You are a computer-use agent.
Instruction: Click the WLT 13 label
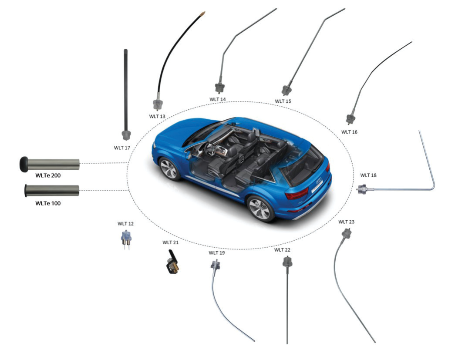[157, 116]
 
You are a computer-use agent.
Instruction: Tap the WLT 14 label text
[218, 99]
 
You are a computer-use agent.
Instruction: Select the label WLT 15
[283, 101]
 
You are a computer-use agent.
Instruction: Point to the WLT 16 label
[349, 132]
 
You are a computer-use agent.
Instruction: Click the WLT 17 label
[122, 148]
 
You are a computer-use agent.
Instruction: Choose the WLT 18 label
[368, 175]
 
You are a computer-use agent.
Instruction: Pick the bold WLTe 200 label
[48, 175]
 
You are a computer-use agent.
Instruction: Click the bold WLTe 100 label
[48, 203]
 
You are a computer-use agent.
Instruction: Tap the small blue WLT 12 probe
[126, 239]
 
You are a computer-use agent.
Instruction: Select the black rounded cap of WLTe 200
[24, 164]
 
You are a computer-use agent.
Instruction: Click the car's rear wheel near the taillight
[260, 208]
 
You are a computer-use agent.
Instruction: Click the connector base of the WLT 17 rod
[126, 135]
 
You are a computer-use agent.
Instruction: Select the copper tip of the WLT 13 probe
[203, 13]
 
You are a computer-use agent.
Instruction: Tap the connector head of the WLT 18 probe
[362, 189]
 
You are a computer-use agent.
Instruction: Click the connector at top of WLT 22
[287, 262]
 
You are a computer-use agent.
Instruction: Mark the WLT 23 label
[346, 222]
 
